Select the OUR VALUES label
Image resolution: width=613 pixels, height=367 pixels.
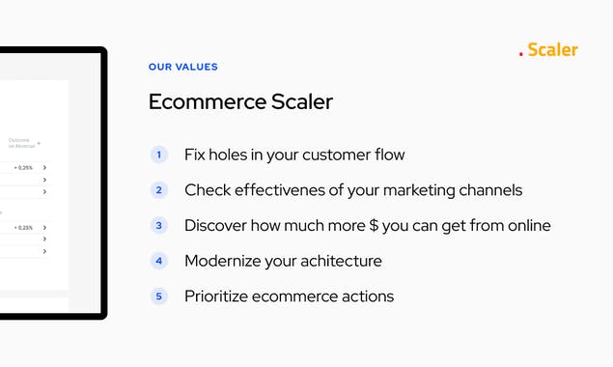tap(183, 68)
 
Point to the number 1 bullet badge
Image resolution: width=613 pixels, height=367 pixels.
tap(159, 155)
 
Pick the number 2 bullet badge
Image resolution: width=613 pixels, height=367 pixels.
tap(159, 190)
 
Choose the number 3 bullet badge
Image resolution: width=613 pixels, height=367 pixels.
tap(159, 225)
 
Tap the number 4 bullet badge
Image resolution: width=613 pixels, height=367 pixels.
tap(159, 261)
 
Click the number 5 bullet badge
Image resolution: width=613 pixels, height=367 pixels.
tap(159, 296)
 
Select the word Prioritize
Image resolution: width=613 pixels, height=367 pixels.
tap(217, 296)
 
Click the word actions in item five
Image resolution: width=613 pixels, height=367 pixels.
tap(364, 296)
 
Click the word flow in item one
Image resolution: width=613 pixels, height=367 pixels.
tap(387, 155)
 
